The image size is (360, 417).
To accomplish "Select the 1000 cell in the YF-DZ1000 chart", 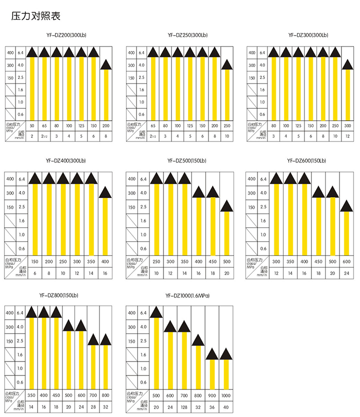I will tap(226, 394).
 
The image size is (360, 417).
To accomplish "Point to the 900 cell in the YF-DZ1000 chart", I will tap(212, 394).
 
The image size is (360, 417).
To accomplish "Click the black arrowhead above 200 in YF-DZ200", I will tap(105, 64).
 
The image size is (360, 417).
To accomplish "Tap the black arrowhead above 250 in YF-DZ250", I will tap(226, 64).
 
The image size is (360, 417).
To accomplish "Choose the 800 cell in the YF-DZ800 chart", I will tap(105, 394).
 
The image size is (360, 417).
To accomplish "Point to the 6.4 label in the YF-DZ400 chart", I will tap(21, 178).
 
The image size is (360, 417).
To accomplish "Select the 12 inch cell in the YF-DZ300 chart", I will tap(346, 135).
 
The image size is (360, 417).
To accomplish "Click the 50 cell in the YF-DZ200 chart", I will tap(32, 125).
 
